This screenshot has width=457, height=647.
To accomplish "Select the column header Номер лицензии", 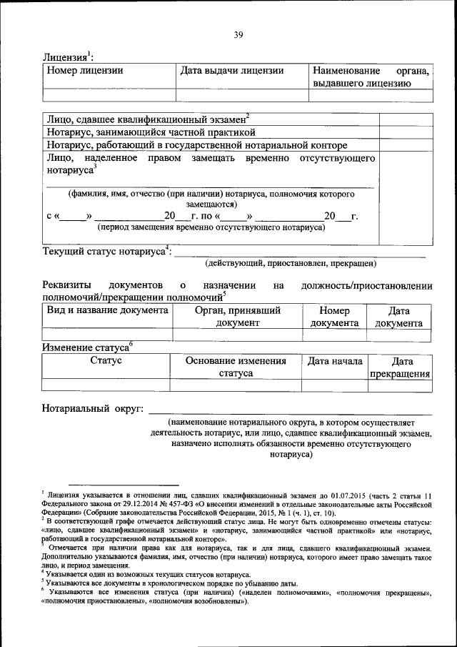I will tap(85, 71).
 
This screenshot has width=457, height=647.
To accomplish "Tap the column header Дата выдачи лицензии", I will tap(231, 71).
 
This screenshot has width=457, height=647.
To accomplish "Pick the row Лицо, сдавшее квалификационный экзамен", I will tap(146, 119).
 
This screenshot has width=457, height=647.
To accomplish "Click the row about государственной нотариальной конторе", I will tap(192, 145).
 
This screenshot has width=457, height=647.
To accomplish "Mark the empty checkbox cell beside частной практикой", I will tap(405, 132).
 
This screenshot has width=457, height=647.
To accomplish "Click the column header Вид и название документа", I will tap(107, 310).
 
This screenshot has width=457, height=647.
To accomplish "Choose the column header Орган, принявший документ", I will tap(238, 317).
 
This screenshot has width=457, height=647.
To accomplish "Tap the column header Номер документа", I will tap(334, 317).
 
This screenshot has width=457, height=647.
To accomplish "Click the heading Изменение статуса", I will tap(86, 347).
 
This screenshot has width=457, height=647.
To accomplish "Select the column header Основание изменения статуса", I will tap(236, 367).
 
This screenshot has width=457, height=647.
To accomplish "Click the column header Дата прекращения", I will tap(400, 367).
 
